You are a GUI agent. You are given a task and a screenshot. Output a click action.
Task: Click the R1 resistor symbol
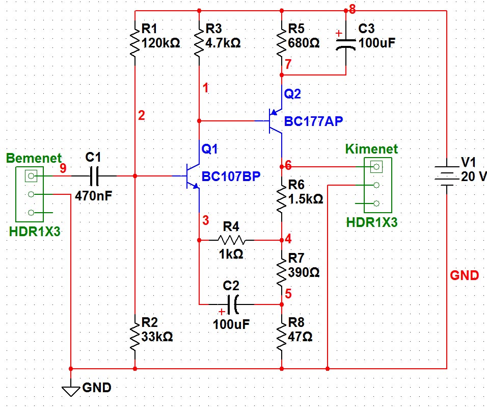click(x=135, y=39)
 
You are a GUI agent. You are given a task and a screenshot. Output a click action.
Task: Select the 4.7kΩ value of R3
click(x=223, y=43)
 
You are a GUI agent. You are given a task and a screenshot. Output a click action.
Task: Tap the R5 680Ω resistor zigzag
click(x=281, y=39)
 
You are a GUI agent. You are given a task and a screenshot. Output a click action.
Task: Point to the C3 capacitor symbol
click(x=346, y=43)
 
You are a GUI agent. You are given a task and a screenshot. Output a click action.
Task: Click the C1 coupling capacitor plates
click(x=94, y=176)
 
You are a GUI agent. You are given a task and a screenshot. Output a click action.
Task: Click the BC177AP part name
click(x=313, y=121)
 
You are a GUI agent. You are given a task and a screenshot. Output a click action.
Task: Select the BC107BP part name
click(x=231, y=176)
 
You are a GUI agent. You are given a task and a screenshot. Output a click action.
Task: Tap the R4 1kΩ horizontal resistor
click(x=231, y=240)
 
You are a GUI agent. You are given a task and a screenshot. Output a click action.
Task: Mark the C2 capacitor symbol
click(x=233, y=304)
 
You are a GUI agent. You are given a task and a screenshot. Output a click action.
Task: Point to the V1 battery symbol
click(x=447, y=176)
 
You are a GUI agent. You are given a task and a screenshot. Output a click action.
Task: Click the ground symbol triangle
click(x=71, y=391)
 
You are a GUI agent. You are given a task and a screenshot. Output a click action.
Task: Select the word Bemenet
click(x=34, y=158)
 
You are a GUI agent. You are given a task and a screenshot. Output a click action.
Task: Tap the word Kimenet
click(x=371, y=149)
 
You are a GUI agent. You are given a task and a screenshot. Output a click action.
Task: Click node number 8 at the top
click(x=352, y=10)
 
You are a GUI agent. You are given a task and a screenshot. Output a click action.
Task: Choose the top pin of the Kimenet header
click(x=376, y=167)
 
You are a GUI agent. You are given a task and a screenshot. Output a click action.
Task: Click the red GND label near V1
click(x=464, y=275)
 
